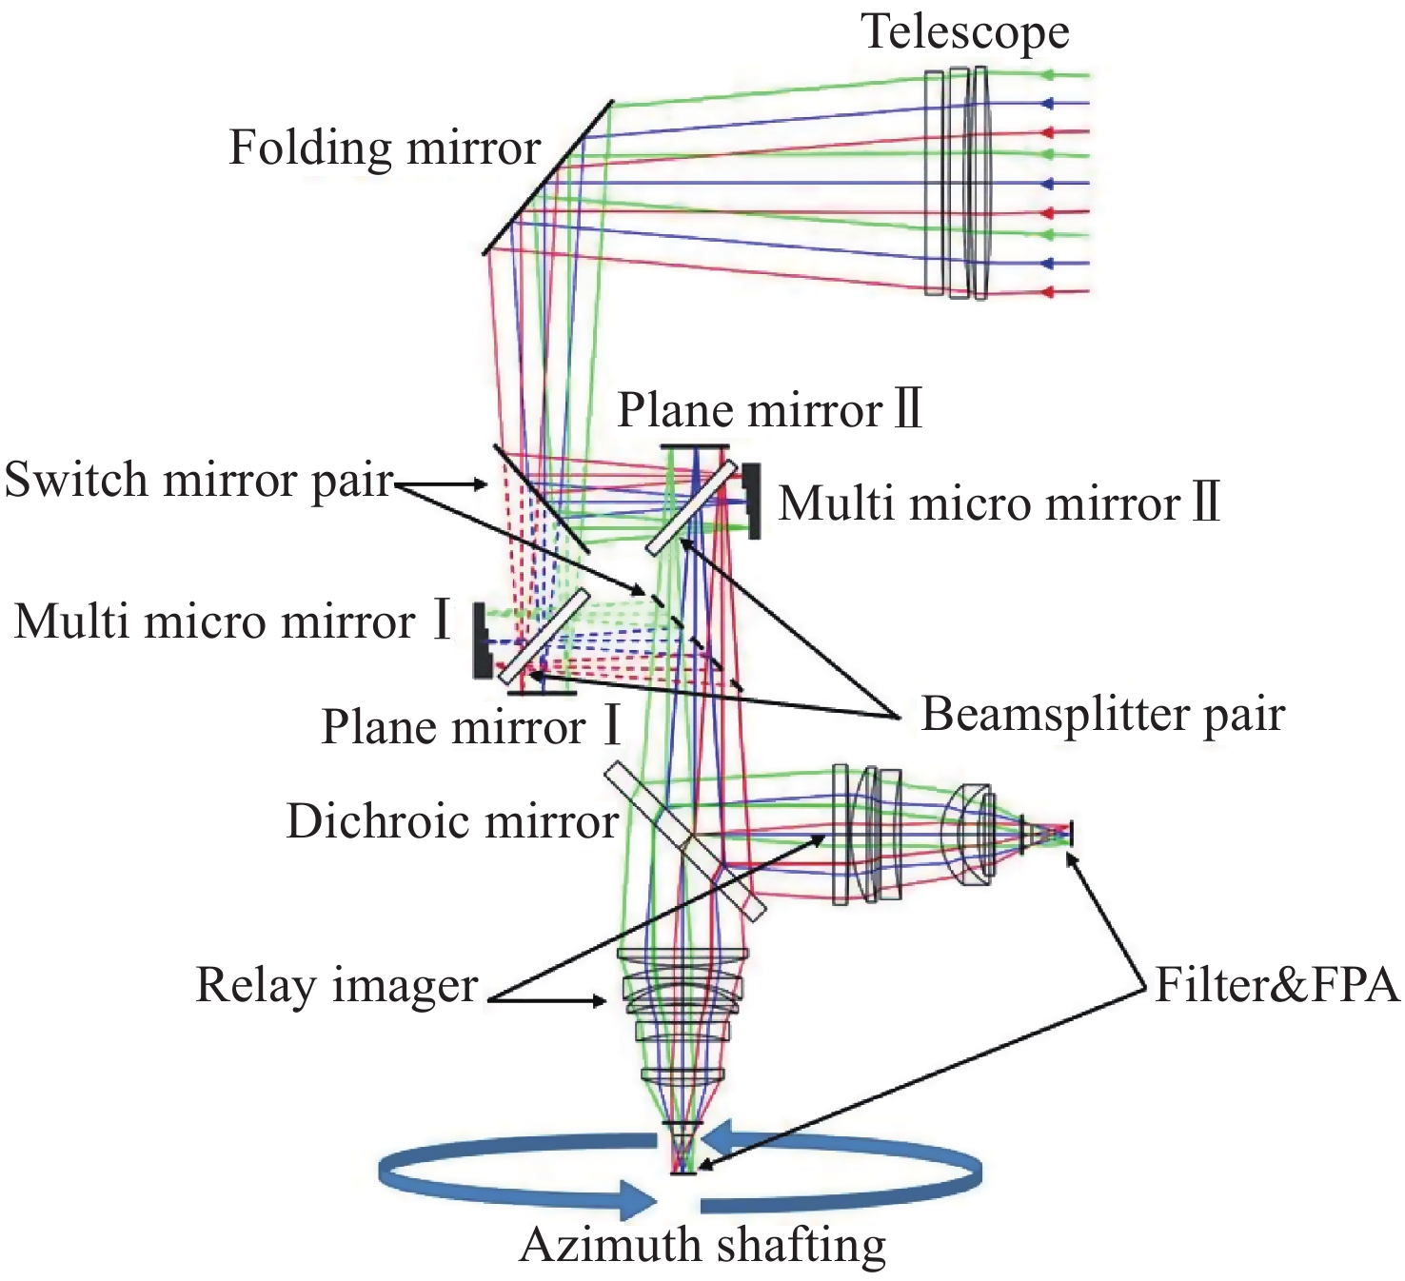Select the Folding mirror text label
click(x=385, y=148)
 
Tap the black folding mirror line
click(x=547, y=178)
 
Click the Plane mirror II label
click(x=770, y=410)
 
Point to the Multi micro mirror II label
click(x=999, y=503)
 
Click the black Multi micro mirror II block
click(x=753, y=502)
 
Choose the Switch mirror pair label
click(x=199, y=480)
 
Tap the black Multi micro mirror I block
click(x=482, y=642)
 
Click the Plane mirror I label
click(x=471, y=727)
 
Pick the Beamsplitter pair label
click(x=1102, y=714)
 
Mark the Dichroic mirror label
click(x=452, y=821)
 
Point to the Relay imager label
click(x=336, y=985)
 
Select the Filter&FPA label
click(x=1276, y=985)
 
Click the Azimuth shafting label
click(x=702, y=1245)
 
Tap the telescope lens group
click(x=958, y=182)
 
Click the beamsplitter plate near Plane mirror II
click(x=692, y=507)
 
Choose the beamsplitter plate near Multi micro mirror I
click(x=543, y=636)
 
